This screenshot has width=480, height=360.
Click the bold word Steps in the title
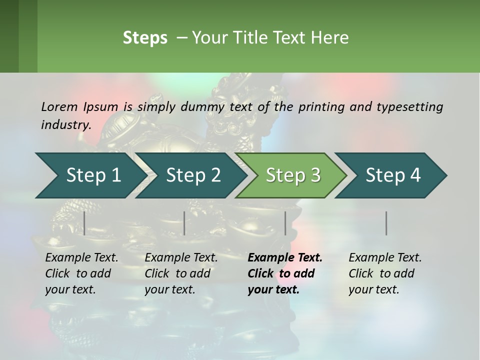click(x=145, y=38)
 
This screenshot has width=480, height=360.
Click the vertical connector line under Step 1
click(x=84, y=223)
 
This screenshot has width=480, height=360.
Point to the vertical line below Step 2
click(x=184, y=223)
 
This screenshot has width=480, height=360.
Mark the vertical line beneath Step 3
click(x=285, y=223)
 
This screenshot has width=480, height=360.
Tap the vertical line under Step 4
click(x=386, y=223)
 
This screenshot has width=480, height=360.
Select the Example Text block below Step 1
click(x=81, y=273)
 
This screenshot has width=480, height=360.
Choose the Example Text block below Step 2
click(x=181, y=273)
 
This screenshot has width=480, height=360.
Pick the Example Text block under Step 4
click(x=385, y=273)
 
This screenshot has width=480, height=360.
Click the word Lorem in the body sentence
click(x=59, y=106)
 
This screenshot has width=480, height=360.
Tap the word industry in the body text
click(x=66, y=124)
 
